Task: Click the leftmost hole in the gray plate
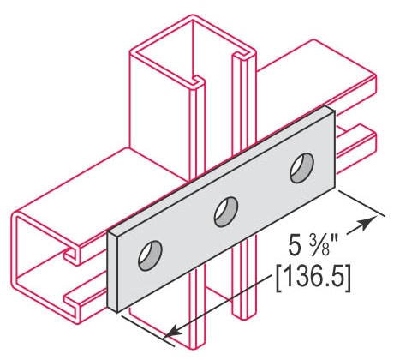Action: pos(150,255)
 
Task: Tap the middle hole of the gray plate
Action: pos(226,212)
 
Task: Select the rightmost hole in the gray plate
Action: pos(302,168)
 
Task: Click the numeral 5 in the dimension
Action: pos(295,246)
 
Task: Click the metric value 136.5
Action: pos(313,276)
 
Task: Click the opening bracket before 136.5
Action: pos(278,279)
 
